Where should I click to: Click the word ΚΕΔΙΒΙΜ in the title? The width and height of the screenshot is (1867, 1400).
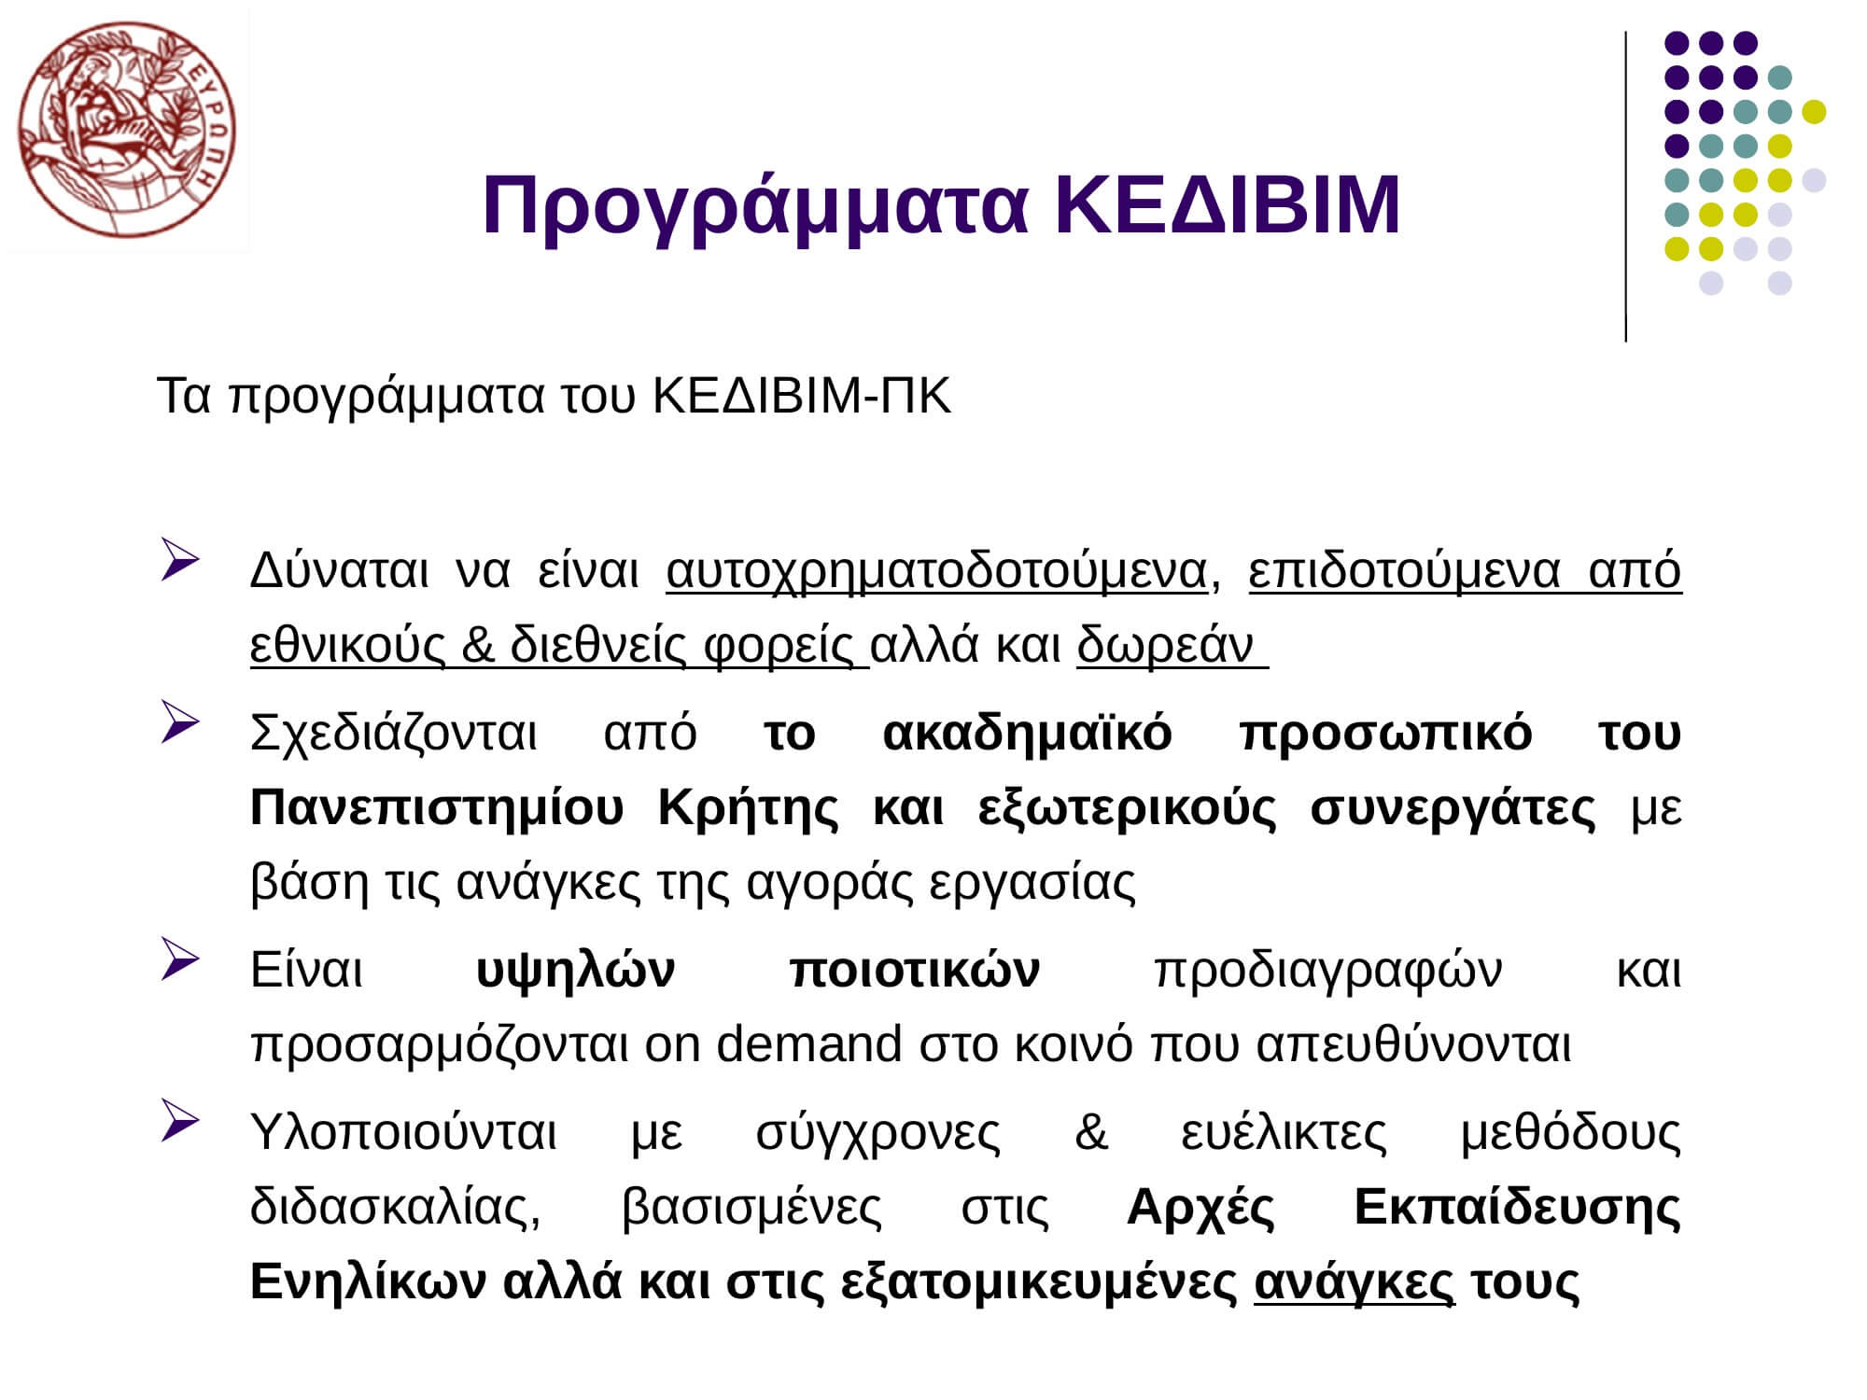tap(1228, 205)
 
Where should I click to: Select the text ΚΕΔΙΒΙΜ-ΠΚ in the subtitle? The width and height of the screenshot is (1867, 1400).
tap(802, 396)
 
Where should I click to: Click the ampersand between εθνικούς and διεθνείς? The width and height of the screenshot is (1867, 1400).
tap(477, 644)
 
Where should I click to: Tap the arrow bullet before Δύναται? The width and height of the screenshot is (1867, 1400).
tap(179, 559)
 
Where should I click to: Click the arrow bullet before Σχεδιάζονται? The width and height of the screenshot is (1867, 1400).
tap(179, 721)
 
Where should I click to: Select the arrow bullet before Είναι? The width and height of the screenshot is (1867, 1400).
tap(179, 959)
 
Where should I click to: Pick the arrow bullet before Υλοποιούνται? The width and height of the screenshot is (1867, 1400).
tap(179, 1121)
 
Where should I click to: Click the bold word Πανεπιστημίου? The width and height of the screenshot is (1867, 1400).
tap(437, 808)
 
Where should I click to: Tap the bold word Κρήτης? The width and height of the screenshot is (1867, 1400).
tap(749, 808)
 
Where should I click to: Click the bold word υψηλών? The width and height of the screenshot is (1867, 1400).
tap(575, 971)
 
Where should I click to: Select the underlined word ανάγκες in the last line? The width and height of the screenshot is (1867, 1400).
tap(1354, 1282)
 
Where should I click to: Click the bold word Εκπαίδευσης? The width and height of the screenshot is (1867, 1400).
tap(1517, 1208)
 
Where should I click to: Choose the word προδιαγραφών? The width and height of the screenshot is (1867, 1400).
tap(1328, 971)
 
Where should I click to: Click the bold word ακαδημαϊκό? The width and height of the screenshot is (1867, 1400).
tap(1027, 734)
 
